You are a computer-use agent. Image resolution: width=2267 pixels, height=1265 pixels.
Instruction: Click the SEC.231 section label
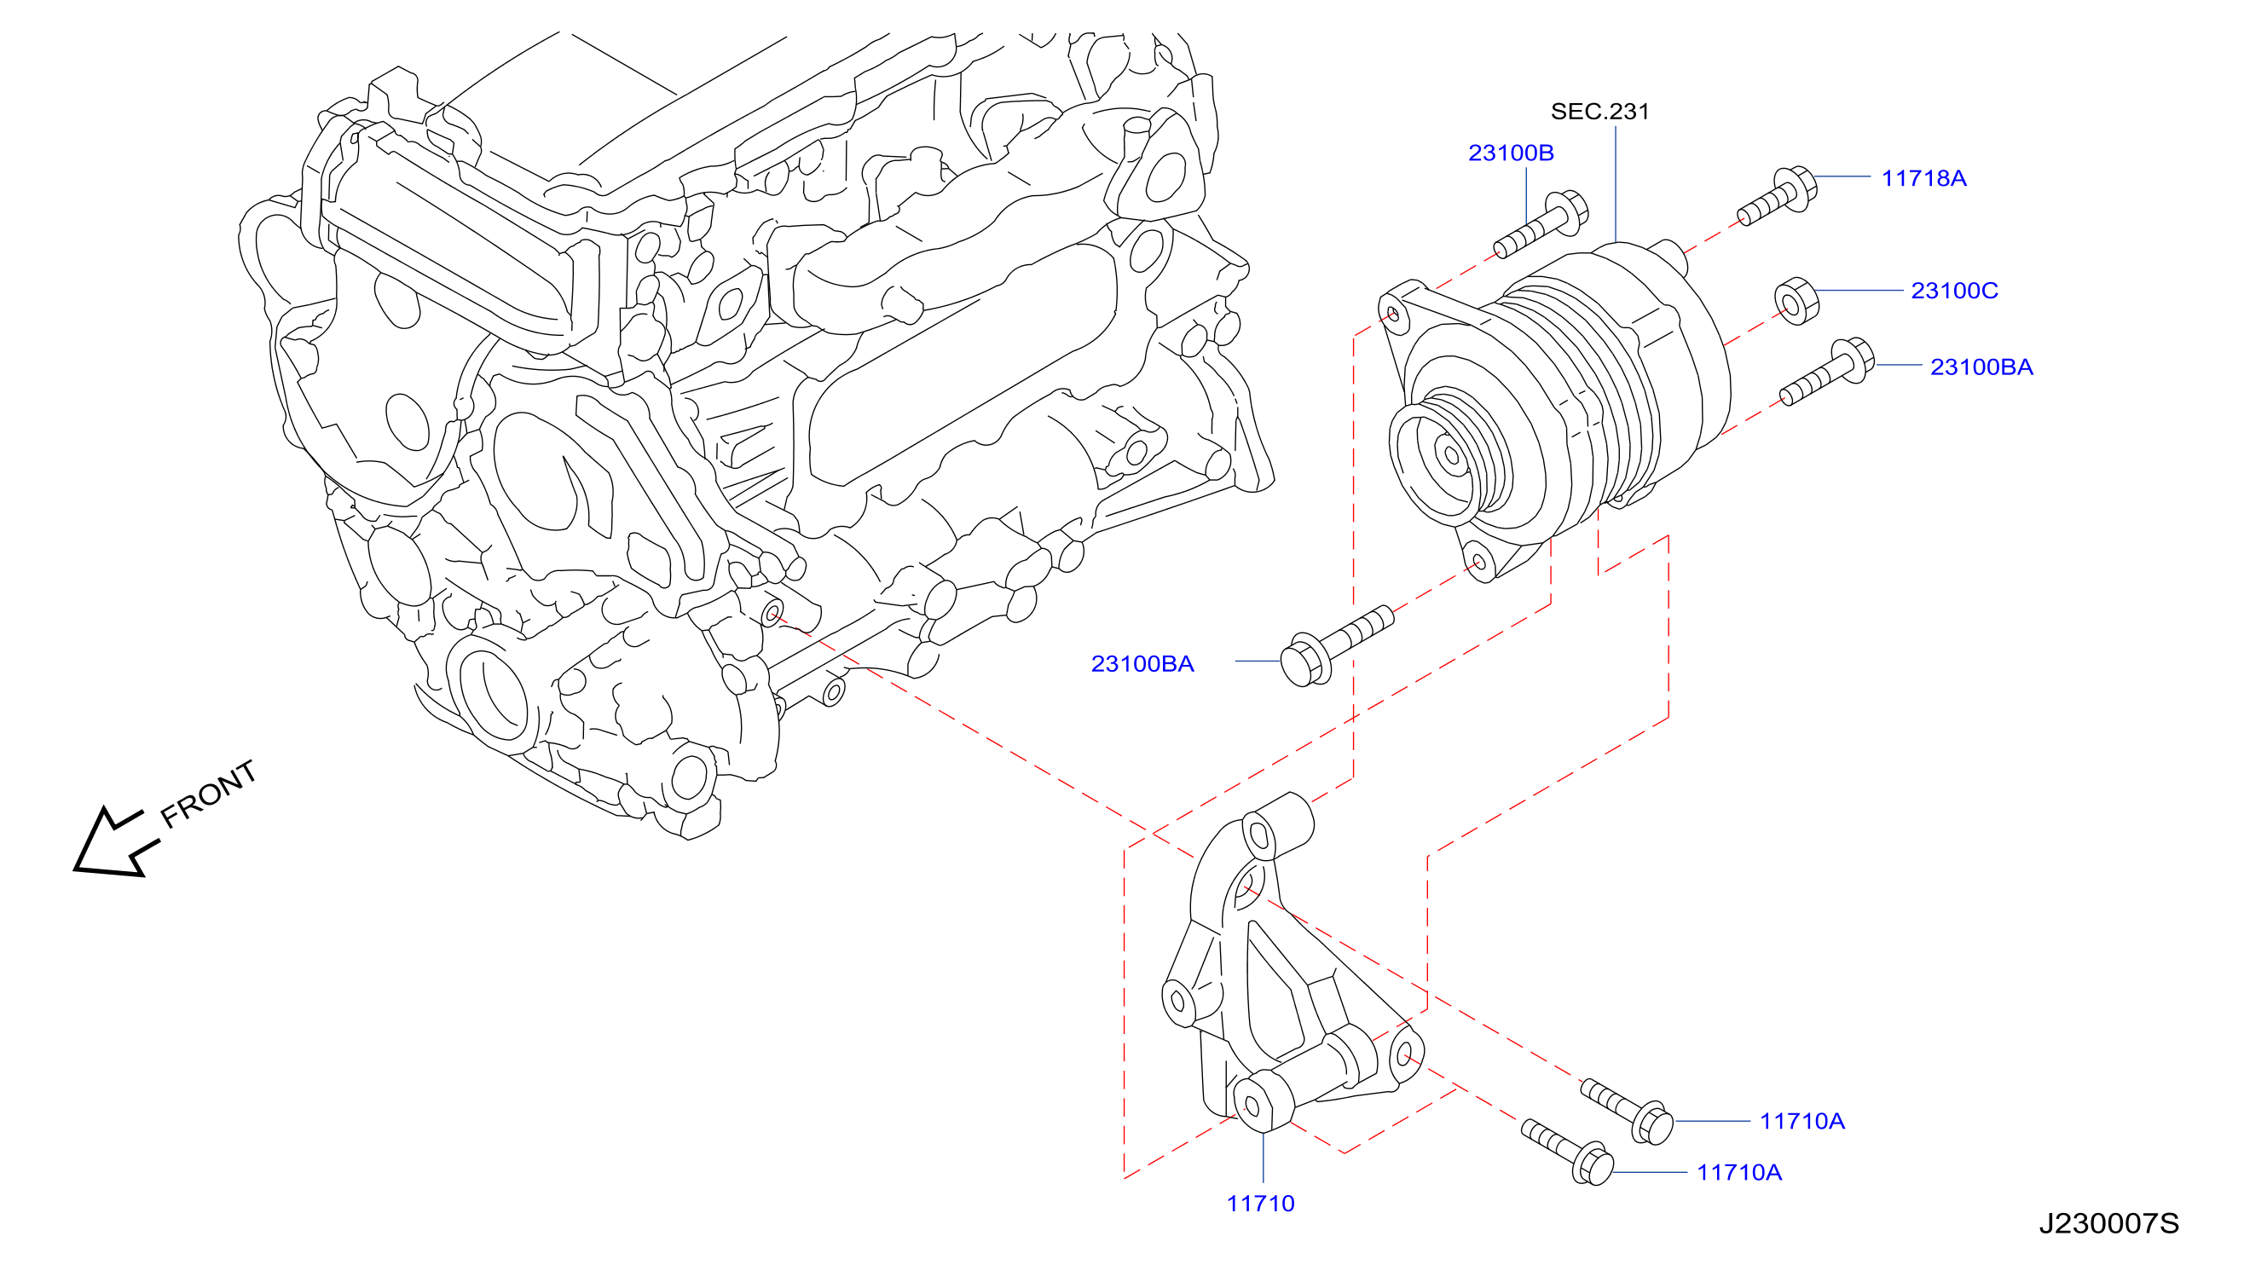pos(1599,112)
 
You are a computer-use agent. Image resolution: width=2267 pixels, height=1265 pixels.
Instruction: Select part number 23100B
pos(1511,153)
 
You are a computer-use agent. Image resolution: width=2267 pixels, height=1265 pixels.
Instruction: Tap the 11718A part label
pos(1923,178)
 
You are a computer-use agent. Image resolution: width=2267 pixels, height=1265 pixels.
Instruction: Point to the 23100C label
pos(1955,292)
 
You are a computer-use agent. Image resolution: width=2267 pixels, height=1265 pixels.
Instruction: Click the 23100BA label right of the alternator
pos(1982,367)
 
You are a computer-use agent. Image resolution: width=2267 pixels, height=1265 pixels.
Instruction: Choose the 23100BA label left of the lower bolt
pos(1142,664)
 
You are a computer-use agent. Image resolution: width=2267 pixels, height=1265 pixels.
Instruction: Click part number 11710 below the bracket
pos(1260,1204)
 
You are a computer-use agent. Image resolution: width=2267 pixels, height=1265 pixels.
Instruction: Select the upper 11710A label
pos(1802,1122)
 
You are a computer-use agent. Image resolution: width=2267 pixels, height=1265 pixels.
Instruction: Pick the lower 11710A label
pos(1739,1173)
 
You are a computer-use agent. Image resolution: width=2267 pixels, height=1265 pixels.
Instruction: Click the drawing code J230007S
pos(2108,1223)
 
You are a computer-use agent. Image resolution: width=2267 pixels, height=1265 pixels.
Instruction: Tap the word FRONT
pos(209,794)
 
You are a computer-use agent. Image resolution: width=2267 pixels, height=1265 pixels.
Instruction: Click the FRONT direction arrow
pos(114,843)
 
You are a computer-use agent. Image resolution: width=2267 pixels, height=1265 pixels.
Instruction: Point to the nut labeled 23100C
pos(1796,301)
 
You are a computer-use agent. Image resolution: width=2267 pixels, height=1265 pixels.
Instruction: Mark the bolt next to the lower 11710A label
pos(1568,1152)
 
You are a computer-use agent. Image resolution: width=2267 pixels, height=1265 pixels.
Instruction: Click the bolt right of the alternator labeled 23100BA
pos(1827,373)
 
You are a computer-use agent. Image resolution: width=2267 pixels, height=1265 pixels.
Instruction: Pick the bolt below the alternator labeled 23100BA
pos(1337,645)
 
